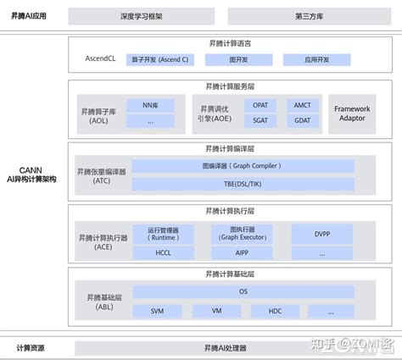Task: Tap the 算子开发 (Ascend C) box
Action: pyautogui.click(x=161, y=60)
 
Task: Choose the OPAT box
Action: pyautogui.click(x=260, y=105)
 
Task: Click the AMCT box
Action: pyautogui.click(x=303, y=105)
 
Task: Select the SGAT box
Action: pyautogui.click(x=260, y=121)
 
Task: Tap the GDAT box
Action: pyautogui.click(x=303, y=121)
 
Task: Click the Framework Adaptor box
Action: pyautogui.click(x=353, y=112)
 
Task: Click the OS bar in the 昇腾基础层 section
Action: pyautogui.click(x=243, y=292)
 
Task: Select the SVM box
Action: pyautogui.click(x=158, y=311)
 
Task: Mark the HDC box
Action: pyautogui.click(x=275, y=311)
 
